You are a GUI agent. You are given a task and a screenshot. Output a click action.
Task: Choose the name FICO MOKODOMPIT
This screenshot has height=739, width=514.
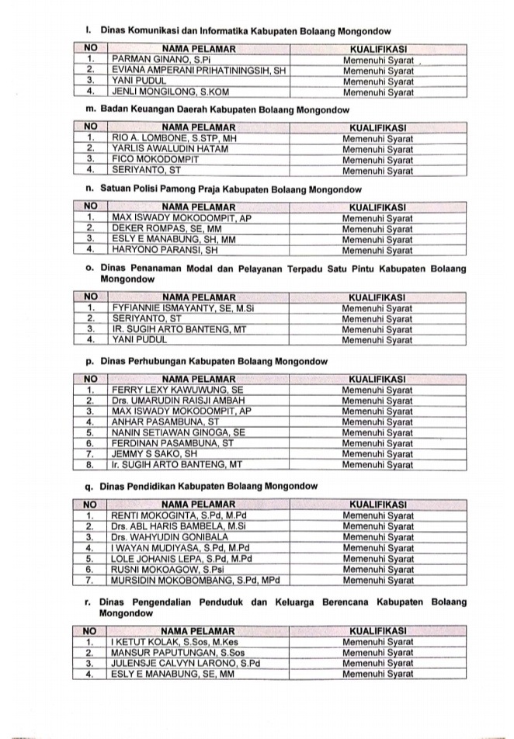coord(155,159)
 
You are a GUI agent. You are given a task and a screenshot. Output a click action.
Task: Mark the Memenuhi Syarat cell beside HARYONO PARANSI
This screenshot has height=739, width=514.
coord(378,251)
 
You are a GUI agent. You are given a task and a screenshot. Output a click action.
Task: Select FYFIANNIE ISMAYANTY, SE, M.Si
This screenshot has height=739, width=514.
coord(183,307)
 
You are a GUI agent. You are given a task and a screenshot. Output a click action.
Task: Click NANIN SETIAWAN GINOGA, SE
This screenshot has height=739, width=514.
coord(179,432)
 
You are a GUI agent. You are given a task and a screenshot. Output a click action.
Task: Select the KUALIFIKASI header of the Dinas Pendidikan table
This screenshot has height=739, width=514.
coord(378,504)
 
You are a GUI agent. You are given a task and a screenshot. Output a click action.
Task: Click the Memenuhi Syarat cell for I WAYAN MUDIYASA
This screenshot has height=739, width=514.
coord(378,547)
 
